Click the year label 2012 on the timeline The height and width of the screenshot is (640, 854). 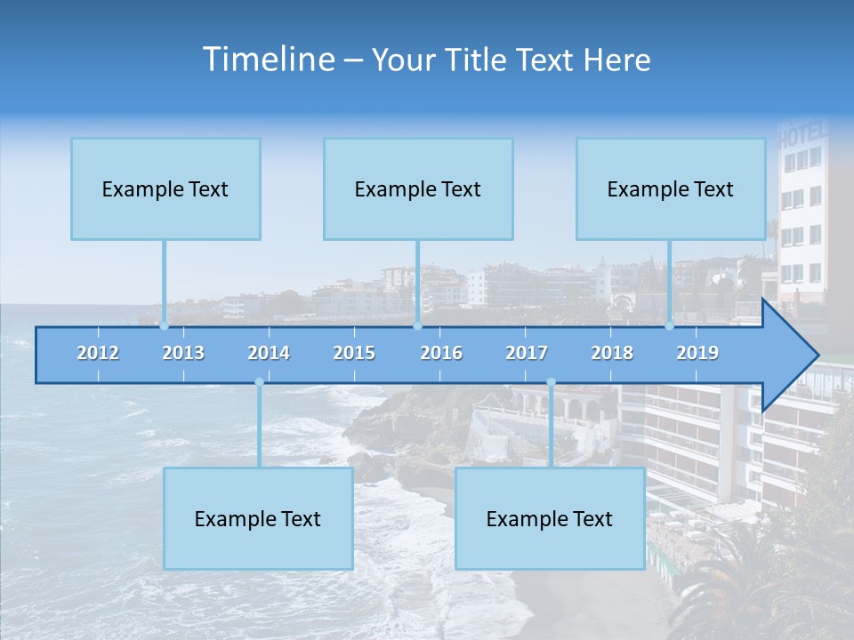[x=98, y=353]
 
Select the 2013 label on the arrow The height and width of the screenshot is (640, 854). [x=183, y=353]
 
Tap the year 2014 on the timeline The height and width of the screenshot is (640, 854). [x=269, y=353]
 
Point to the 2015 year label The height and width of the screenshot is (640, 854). [x=354, y=353]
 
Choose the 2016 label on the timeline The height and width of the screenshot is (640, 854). [x=441, y=353]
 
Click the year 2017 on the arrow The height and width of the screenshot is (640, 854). [x=527, y=353]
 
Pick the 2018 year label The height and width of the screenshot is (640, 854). [x=612, y=353]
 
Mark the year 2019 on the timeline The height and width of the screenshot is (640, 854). [x=697, y=353]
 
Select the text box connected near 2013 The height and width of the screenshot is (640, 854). [x=165, y=188]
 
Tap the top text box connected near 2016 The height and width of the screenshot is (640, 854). [x=418, y=188]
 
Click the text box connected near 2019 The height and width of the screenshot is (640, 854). [x=671, y=188]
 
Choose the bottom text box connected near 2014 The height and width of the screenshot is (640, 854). [x=258, y=518]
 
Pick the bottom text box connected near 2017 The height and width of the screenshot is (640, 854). [x=550, y=518]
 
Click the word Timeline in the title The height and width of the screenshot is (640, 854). [x=267, y=60]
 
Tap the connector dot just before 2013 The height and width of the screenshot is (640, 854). [x=164, y=325]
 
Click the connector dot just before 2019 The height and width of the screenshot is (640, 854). [x=670, y=325]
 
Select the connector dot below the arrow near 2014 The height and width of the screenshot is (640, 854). [x=259, y=382]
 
